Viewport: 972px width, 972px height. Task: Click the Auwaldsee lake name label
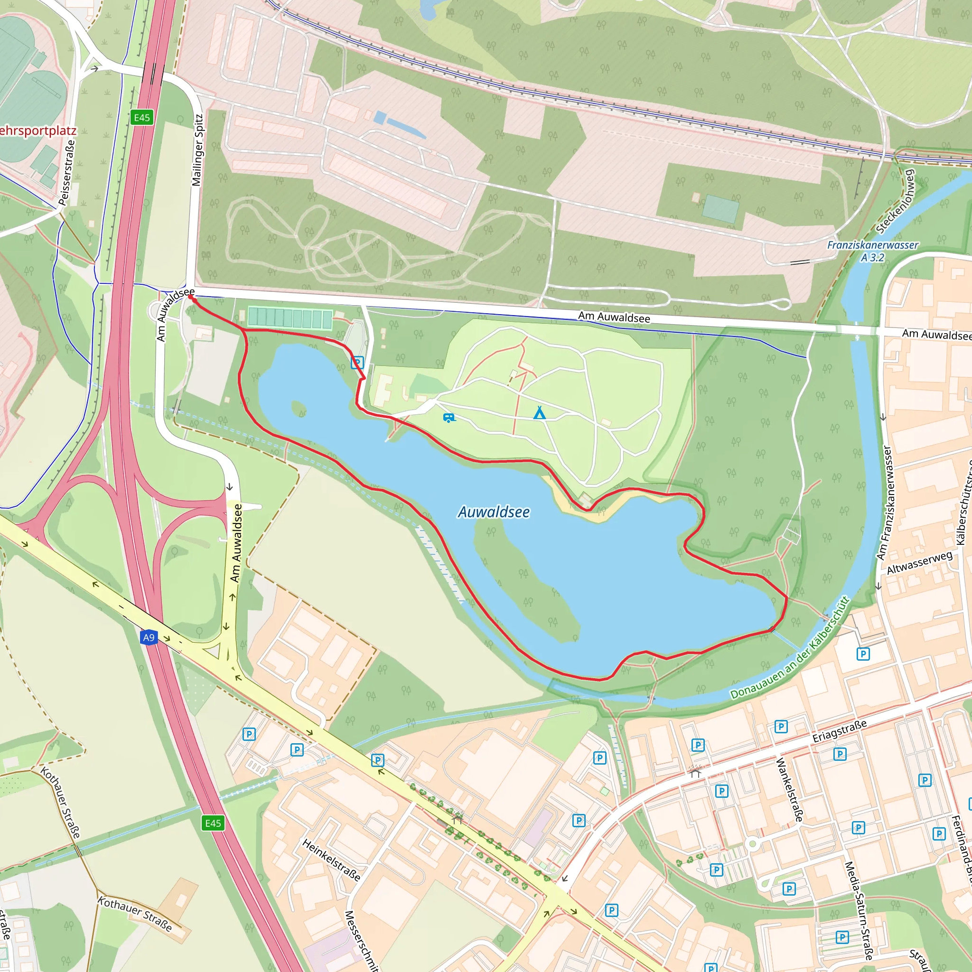coord(494,512)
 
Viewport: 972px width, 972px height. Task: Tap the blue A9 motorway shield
coord(149,638)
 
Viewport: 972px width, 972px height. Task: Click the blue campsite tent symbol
coord(539,413)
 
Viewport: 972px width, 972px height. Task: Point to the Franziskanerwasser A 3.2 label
coord(872,251)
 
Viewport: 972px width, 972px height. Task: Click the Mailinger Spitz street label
coord(198,150)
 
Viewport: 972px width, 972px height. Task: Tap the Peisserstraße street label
coord(67,173)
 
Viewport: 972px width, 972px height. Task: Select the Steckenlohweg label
coord(896,201)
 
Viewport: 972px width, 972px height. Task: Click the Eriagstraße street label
coord(840,731)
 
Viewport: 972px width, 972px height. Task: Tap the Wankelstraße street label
coord(788,790)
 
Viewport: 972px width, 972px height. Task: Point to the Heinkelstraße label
coord(331,860)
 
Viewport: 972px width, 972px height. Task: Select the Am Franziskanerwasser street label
coord(884,502)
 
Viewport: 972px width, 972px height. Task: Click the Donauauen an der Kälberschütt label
coord(789,648)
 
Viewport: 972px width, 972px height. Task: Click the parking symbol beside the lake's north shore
coord(357,362)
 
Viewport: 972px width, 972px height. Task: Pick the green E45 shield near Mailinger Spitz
coord(142,118)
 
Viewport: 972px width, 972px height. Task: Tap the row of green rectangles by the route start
coord(290,318)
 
